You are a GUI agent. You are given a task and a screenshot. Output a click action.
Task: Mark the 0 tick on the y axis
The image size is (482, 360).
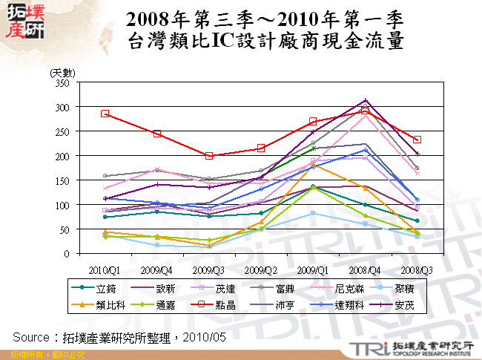tap(66, 254)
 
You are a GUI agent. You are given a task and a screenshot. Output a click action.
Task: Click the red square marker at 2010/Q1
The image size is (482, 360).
tap(105, 114)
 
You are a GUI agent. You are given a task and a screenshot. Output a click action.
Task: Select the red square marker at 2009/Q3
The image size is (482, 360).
tap(209, 156)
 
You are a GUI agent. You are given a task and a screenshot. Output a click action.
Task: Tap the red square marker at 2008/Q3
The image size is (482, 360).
tap(417, 140)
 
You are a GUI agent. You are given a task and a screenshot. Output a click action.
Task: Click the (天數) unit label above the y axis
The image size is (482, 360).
tap(63, 72)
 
